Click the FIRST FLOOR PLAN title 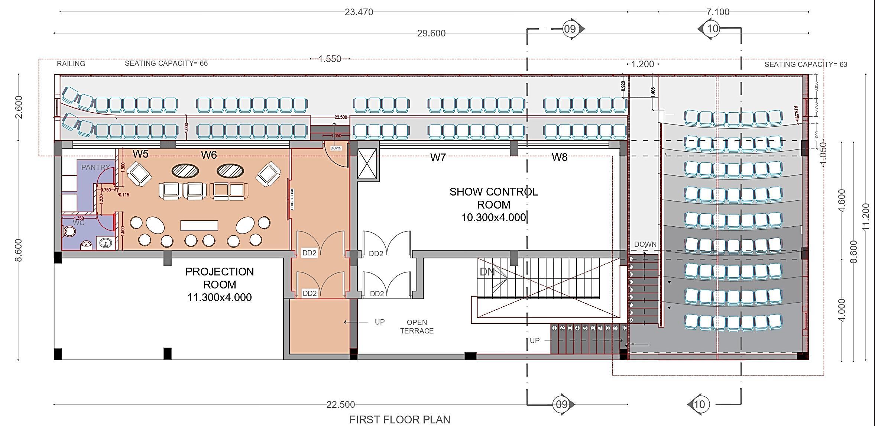point(399,420)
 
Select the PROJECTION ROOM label point(220,284)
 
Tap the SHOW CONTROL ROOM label point(493,204)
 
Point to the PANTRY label point(95,167)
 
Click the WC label point(78,223)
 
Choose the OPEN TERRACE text point(417,327)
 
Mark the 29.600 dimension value point(431,33)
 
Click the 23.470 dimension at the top point(359,12)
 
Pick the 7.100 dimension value point(717,12)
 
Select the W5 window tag point(140,154)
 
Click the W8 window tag point(559,157)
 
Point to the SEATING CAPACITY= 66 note point(166,64)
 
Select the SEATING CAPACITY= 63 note point(806,64)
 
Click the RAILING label point(71,64)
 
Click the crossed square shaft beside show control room point(367,163)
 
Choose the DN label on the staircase point(487,272)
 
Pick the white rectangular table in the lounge point(199,226)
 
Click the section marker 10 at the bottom point(699,404)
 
